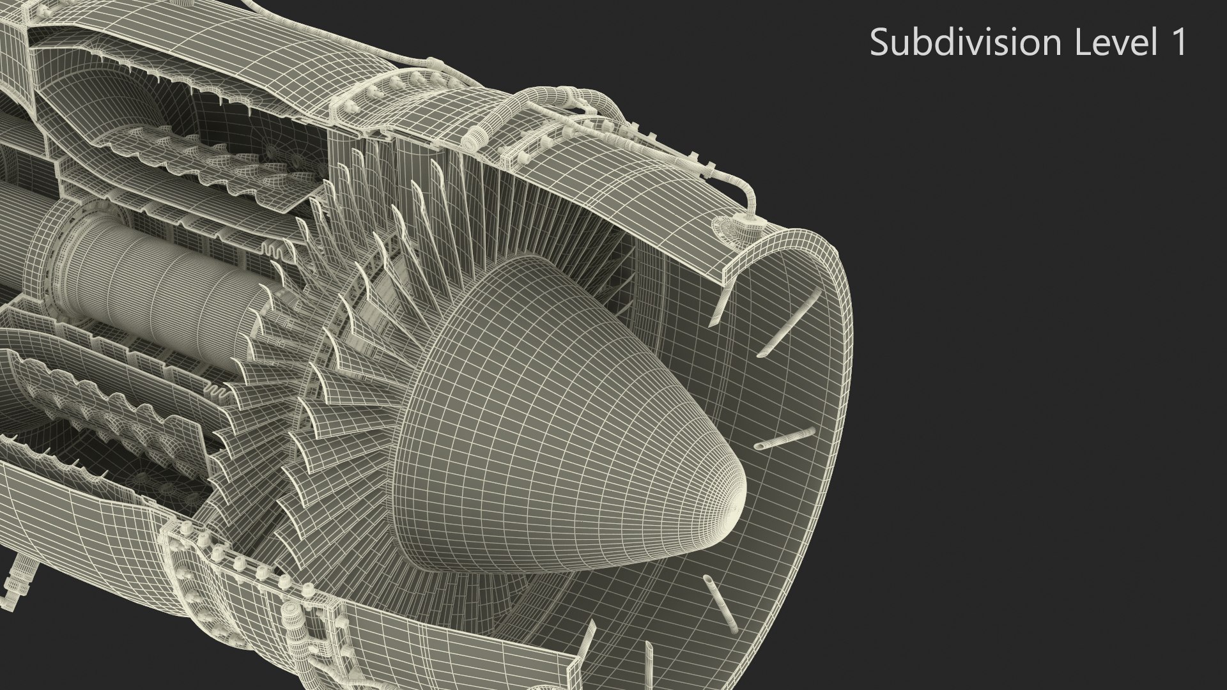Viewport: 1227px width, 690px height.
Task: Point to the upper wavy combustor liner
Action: click(192, 153)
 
